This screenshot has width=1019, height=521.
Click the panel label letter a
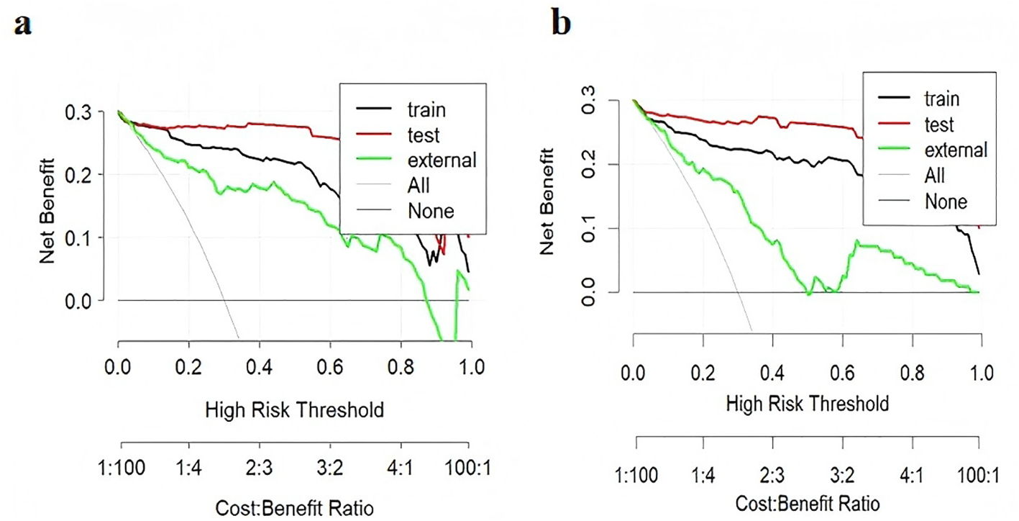(23, 25)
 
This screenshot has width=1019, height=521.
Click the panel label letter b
(561, 24)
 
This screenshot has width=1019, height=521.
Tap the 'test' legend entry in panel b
(940, 124)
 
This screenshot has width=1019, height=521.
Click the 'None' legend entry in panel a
(430, 211)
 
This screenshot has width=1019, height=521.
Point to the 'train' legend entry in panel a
(426, 109)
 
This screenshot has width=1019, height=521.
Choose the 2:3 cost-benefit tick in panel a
(259, 468)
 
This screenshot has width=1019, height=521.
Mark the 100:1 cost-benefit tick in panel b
(979, 476)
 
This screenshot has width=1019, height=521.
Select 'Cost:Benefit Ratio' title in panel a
(295, 507)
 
